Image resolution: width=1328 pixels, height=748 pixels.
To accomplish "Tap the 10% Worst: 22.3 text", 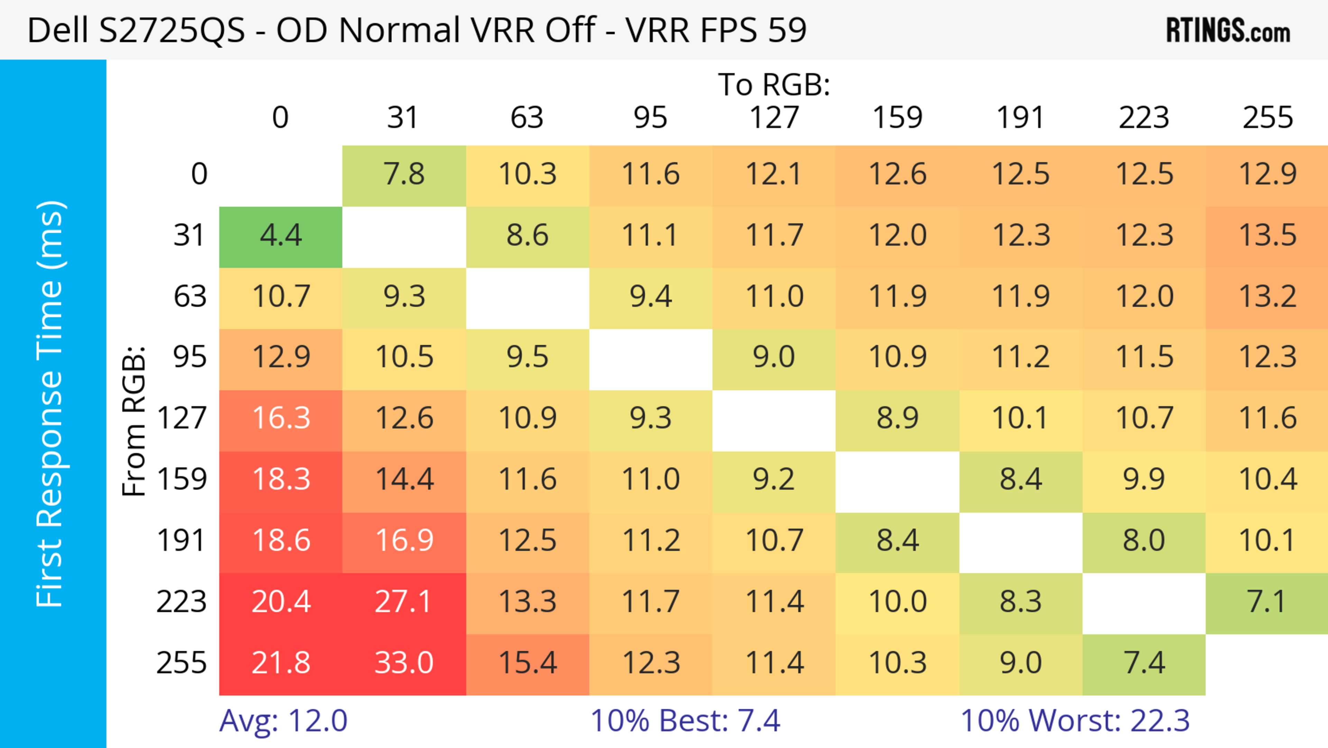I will click(x=1075, y=721).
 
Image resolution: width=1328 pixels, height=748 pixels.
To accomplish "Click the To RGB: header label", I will click(x=774, y=84).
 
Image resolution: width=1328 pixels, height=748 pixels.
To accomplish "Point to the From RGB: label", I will click(x=134, y=421).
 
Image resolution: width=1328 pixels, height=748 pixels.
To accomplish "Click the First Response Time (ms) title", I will click(x=50, y=403).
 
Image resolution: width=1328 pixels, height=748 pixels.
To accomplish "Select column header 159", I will click(x=897, y=118).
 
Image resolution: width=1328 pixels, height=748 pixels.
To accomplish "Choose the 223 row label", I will click(x=182, y=602).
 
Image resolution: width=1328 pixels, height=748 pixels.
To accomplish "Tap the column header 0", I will click(x=280, y=118).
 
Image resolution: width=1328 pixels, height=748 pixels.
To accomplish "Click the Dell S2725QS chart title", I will click(x=416, y=30).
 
